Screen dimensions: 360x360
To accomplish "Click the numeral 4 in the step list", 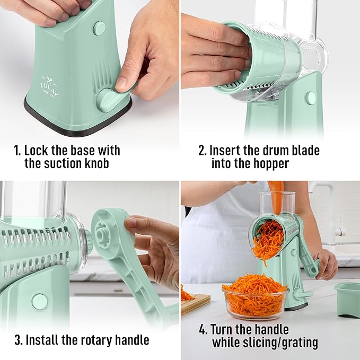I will [x=203, y=330].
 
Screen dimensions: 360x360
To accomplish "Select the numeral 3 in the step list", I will [x=18, y=339].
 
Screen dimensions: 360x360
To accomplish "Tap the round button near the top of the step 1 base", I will [x=99, y=28].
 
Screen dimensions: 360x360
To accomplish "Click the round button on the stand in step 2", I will [x=310, y=98].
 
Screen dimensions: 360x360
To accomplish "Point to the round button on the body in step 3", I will [x=39, y=301].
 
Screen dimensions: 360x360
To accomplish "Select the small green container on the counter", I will [x=347, y=298].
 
